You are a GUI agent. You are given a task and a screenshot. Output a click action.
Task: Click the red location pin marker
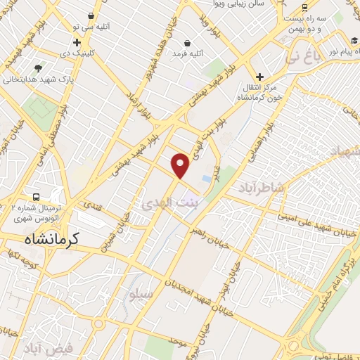click(x=181, y=165)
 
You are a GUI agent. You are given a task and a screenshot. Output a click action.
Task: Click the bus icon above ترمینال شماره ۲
click(x=35, y=197)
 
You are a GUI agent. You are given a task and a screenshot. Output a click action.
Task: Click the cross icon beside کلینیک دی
click(x=77, y=43)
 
